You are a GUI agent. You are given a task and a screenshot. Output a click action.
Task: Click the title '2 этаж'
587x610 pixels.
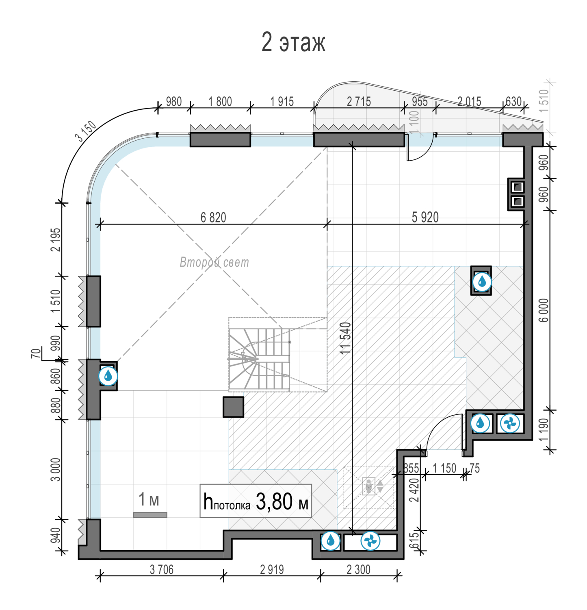coord(293,42)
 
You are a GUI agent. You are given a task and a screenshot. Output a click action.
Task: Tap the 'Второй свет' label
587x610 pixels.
coord(214,262)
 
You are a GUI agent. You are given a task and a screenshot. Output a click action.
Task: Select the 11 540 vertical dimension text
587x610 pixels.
coord(345,338)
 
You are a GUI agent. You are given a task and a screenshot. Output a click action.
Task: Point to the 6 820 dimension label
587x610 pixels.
coord(213,218)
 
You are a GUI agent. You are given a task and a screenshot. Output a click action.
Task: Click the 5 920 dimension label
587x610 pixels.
coord(425,217)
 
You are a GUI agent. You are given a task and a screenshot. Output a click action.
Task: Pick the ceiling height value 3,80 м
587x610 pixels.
coord(282,501)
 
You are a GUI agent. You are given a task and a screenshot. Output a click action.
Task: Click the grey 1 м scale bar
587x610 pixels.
coord(150,515)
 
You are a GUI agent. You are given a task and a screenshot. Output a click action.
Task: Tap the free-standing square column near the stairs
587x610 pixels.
coord(234,407)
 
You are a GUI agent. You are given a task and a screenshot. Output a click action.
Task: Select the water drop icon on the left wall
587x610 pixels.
coord(108,376)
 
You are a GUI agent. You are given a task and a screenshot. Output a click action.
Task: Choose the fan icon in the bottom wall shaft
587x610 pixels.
coord(370,541)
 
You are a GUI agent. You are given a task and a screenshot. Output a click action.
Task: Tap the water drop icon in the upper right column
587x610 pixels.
coord(482,281)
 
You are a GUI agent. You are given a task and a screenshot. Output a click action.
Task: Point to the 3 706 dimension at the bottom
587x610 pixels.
coord(162,570)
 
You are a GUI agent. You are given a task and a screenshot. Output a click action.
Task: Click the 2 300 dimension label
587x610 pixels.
coord(359,570)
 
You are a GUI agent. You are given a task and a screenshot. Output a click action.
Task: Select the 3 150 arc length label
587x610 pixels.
coord(86,131)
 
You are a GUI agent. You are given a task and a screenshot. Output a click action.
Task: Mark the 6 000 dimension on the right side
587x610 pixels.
coord(544,310)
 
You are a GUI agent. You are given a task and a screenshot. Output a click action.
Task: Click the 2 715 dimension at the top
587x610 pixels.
coord(359,101)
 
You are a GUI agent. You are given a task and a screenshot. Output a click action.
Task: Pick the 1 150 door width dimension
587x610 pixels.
coord(444,468)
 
